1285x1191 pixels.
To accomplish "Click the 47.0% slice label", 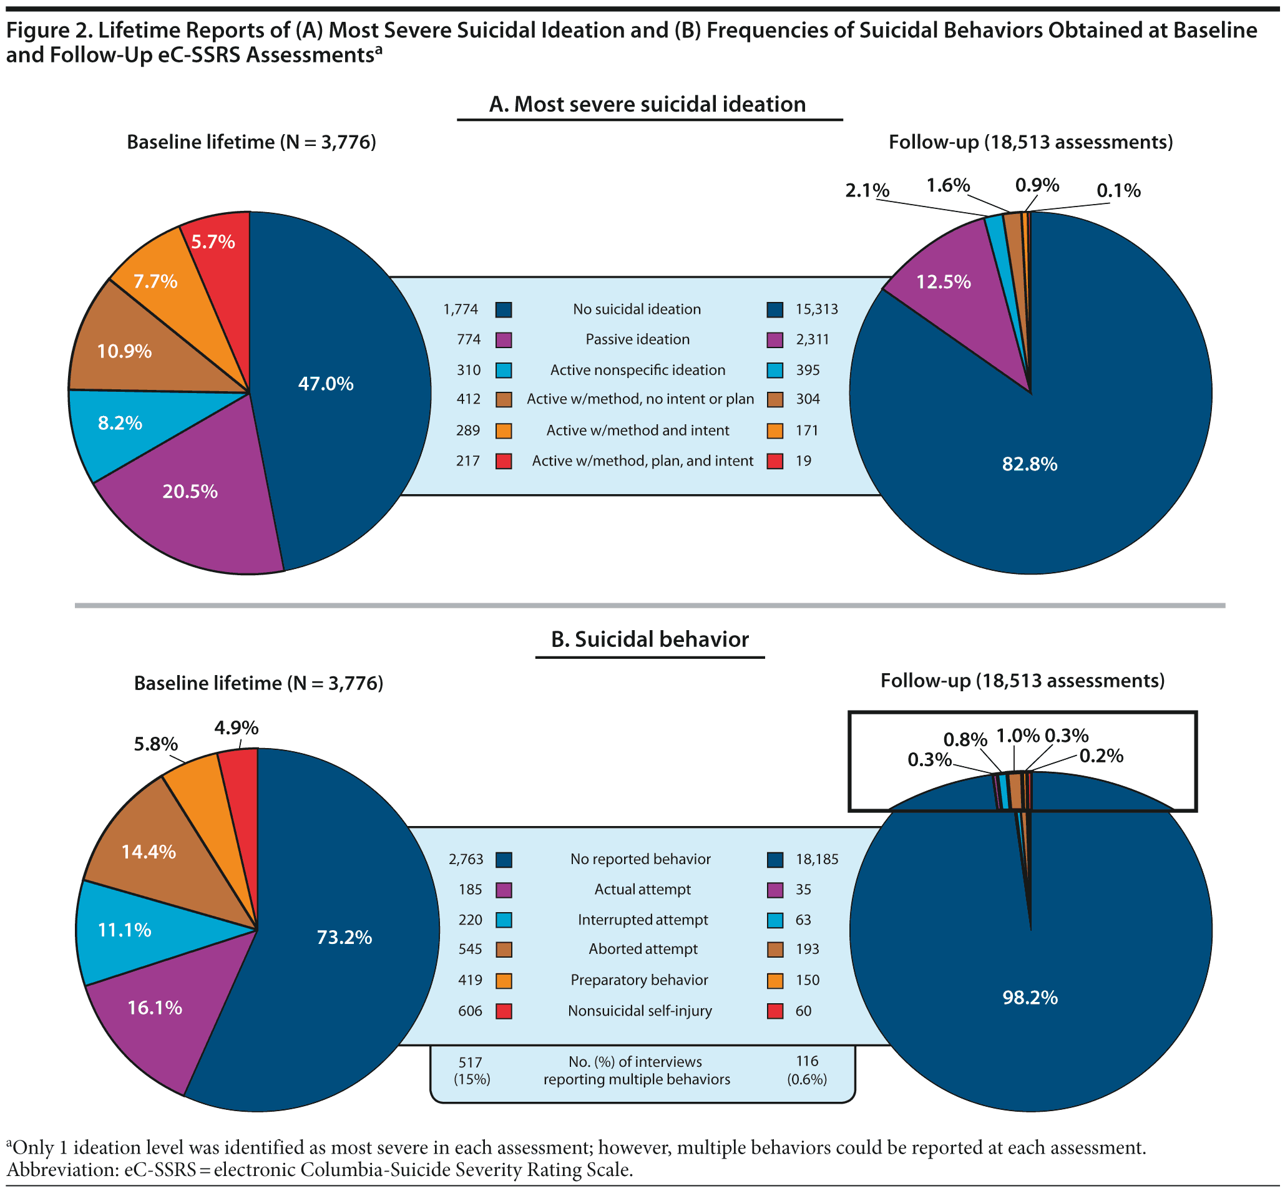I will pyautogui.click(x=326, y=384).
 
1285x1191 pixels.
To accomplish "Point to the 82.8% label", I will pyautogui.click(x=1030, y=464).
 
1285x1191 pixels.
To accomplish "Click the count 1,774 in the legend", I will pyautogui.click(x=461, y=309).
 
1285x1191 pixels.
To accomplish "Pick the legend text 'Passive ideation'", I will pyautogui.click(x=637, y=339).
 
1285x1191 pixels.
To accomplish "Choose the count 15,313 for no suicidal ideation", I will pyautogui.click(x=816, y=309).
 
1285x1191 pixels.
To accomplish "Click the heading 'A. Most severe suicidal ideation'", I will pyautogui.click(x=647, y=104).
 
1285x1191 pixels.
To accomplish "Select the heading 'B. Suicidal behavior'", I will pyautogui.click(x=650, y=639).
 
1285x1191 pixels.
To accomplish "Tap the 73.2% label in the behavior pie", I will pyautogui.click(x=344, y=937).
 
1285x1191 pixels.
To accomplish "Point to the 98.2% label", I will pyautogui.click(x=1030, y=998).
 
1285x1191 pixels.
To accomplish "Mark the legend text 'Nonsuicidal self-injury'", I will pyautogui.click(x=640, y=1011).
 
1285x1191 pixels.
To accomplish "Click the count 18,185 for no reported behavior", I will pyautogui.click(x=817, y=859).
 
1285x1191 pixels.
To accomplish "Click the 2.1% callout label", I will pyautogui.click(x=867, y=191).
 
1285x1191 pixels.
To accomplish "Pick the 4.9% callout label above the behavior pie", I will pyautogui.click(x=237, y=727).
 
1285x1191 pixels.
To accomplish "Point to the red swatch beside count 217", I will pyautogui.click(x=504, y=462).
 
